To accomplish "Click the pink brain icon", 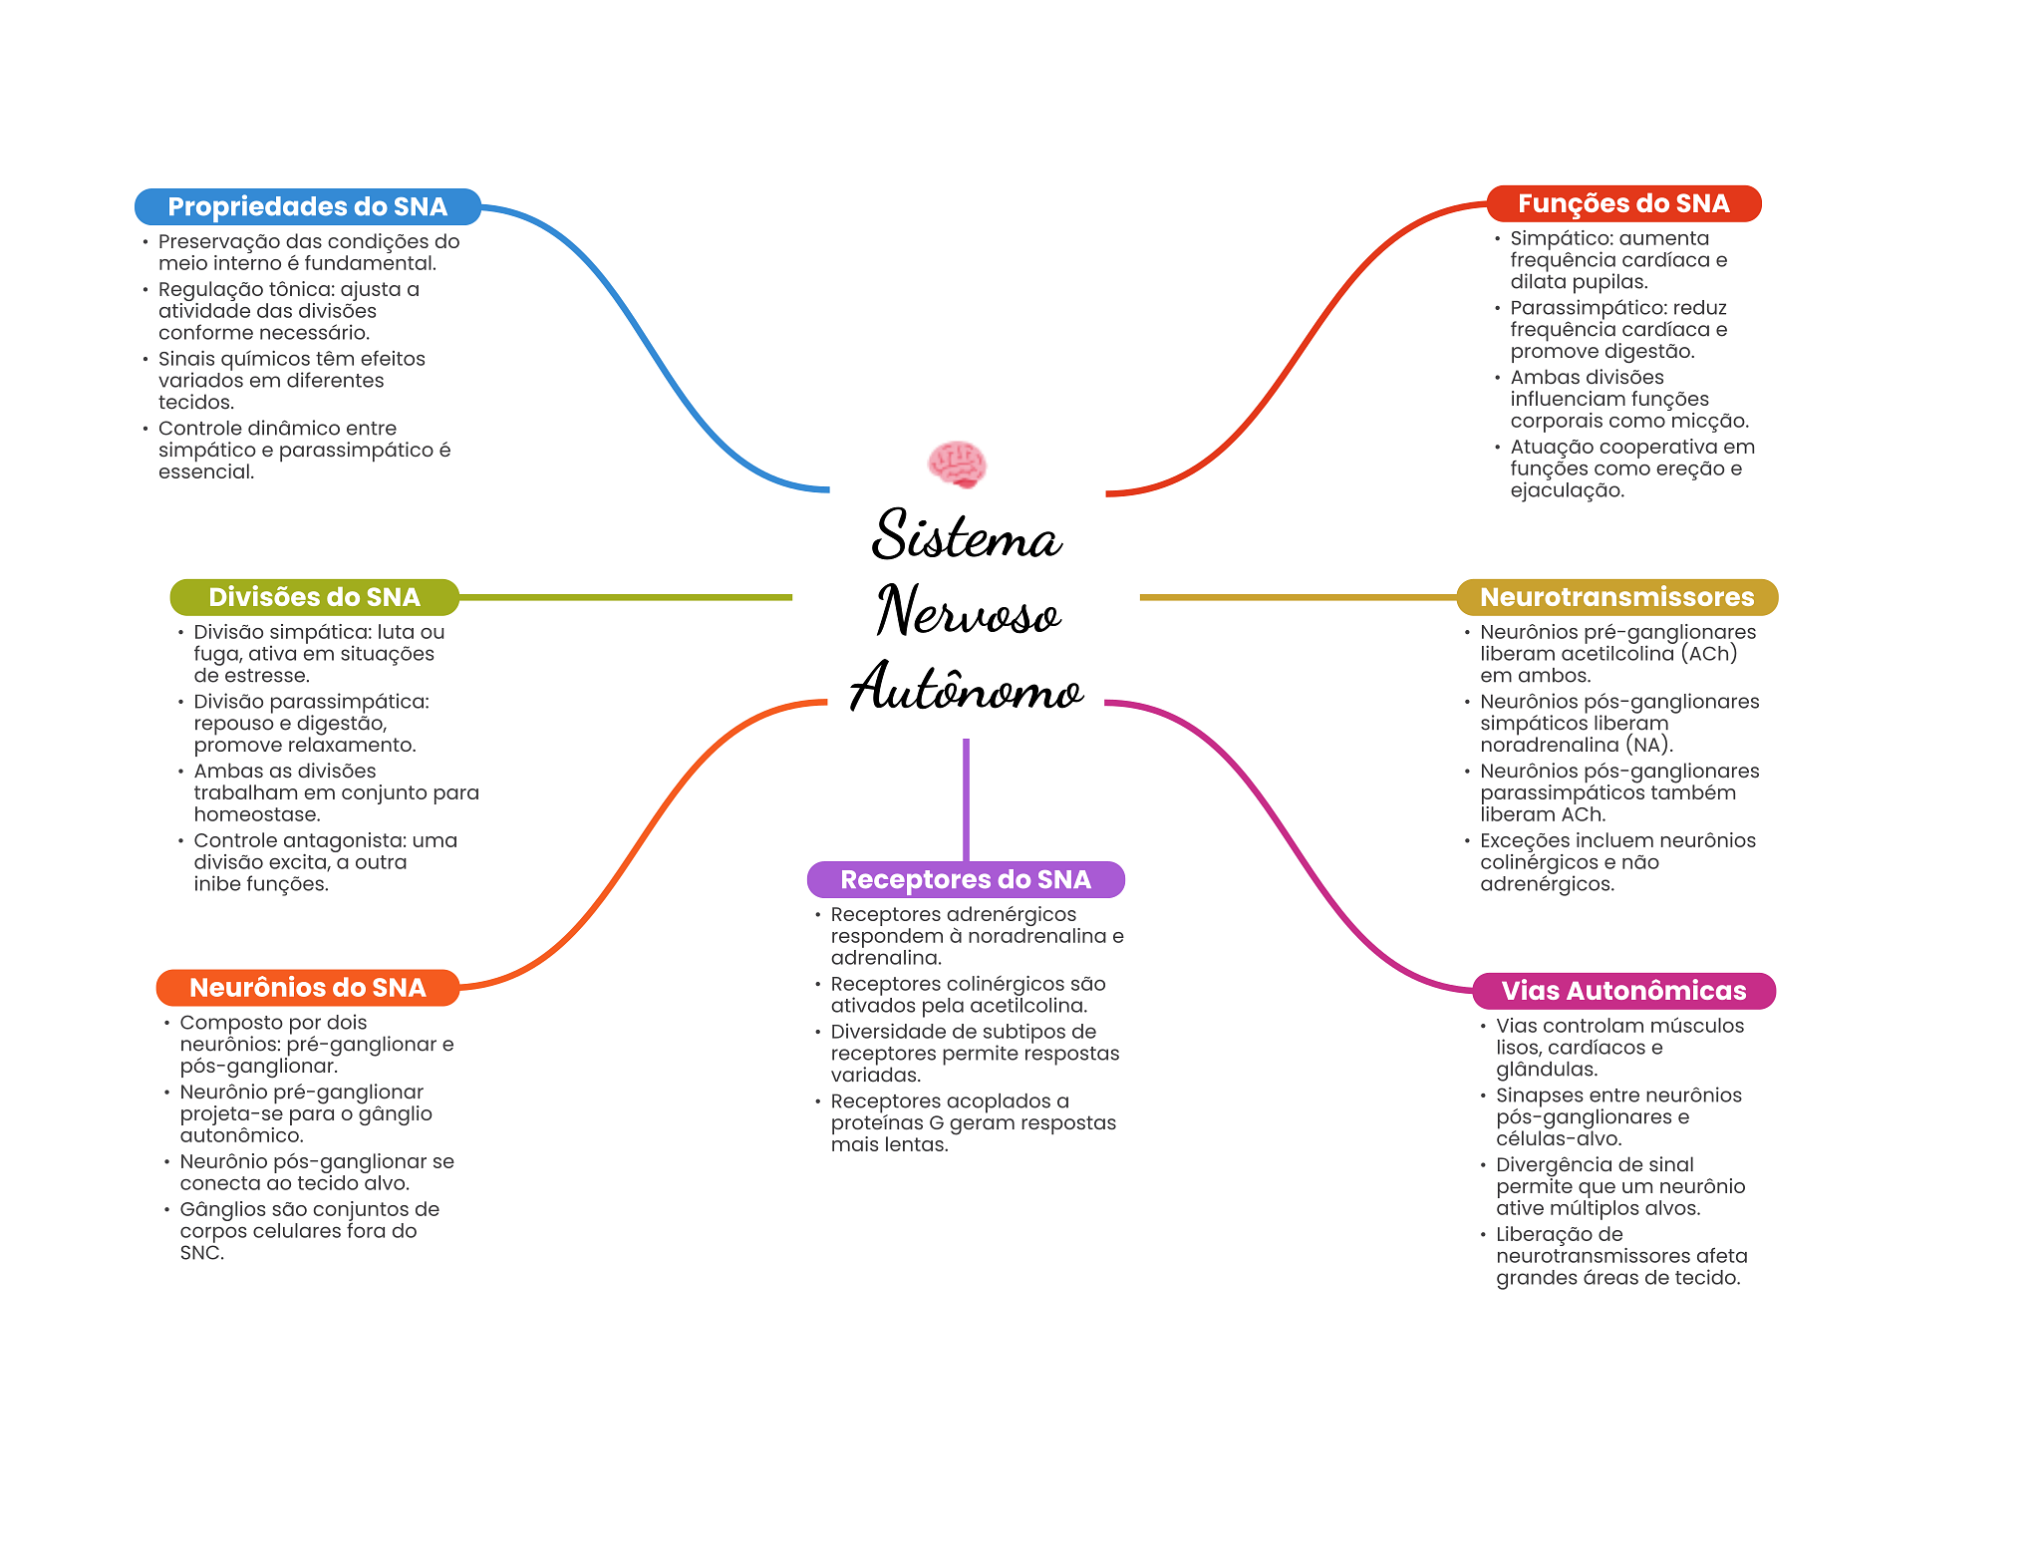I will point(957,465).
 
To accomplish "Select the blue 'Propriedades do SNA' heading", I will point(307,206).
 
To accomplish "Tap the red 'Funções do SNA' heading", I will point(1623,203).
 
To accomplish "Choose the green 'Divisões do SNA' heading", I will point(314,597).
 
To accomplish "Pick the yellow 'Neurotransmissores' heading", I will point(1616,597).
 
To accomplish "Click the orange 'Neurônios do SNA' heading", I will point(307,988).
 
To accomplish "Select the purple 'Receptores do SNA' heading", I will point(965,879).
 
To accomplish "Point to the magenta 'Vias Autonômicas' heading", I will point(1623,991).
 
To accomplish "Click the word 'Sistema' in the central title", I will point(965,536).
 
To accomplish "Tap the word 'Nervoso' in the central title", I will point(967,612).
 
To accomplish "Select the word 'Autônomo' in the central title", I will point(965,688).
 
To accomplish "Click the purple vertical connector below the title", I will point(966,797).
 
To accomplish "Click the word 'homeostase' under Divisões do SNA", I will point(255,814).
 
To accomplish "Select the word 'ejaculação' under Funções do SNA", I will point(1566,490).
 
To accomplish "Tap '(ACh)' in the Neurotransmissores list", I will point(1708,654).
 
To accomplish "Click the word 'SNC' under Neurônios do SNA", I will point(199,1253).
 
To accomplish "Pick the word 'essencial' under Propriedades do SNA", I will point(204,472).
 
